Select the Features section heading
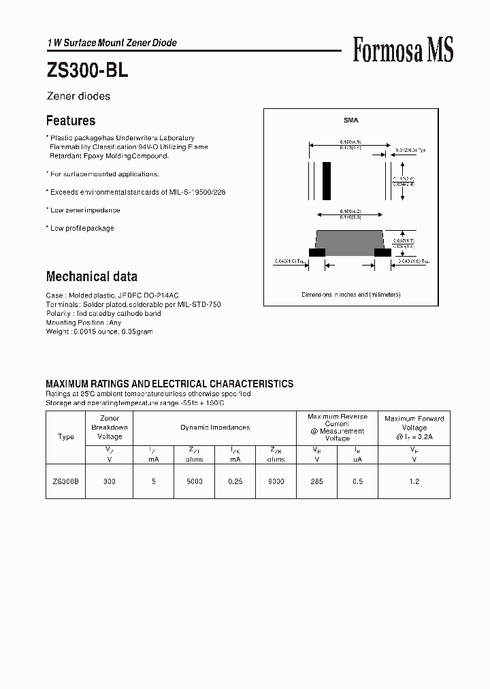click(71, 121)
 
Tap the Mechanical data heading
click(91, 276)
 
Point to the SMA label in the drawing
click(350, 121)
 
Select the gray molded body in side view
click(350, 240)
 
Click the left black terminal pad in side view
click(316, 252)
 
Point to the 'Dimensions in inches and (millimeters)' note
click(350, 295)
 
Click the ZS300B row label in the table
click(66, 481)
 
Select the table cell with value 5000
click(194, 481)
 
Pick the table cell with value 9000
click(276, 481)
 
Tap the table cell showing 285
click(316, 481)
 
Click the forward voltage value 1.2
click(414, 481)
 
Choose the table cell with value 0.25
click(235, 481)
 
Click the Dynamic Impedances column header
click(214, 428)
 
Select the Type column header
click(66, 436)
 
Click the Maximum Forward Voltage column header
click(414, 428)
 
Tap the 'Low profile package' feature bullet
click(82, 228)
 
